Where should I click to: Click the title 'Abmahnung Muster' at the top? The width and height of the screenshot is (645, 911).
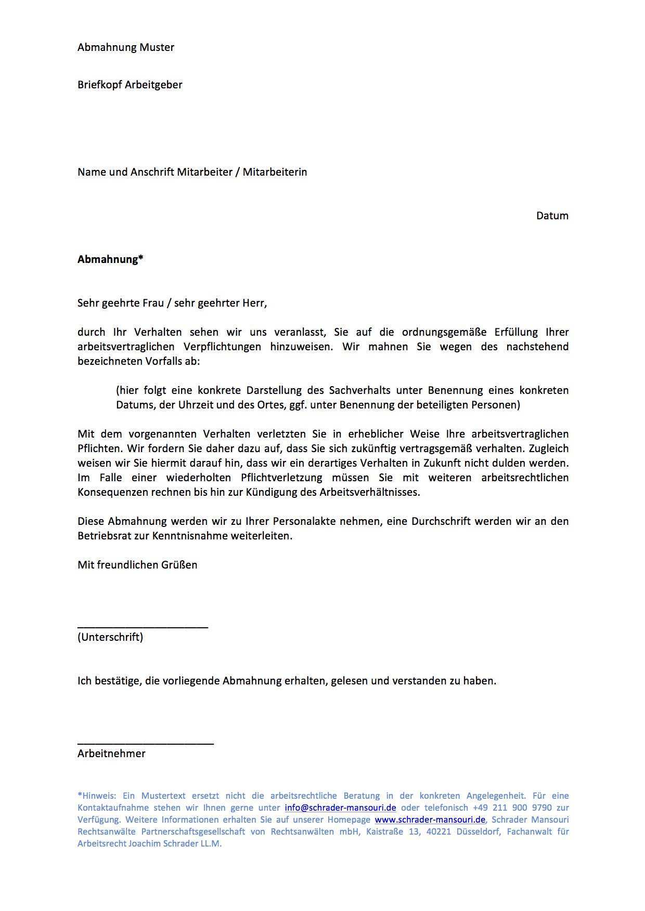point(126,47)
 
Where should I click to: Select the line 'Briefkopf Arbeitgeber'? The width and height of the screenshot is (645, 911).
point(130,85)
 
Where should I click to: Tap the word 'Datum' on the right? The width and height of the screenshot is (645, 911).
point(552,216)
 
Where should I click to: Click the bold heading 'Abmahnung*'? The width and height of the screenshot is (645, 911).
point(110,259)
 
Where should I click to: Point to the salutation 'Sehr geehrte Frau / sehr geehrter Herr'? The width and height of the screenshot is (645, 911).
point(172,303)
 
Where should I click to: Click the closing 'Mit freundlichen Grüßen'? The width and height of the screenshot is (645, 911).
point(137,565)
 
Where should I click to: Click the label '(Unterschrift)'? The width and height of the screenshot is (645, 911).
point(110,637)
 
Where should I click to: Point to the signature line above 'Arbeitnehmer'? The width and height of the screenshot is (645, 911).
point(146,744)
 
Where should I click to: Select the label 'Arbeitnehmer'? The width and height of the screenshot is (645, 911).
point(111,754)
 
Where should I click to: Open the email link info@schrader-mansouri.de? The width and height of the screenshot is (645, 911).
point(340,808)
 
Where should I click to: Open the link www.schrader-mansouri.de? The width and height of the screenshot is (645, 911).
point(430,820)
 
